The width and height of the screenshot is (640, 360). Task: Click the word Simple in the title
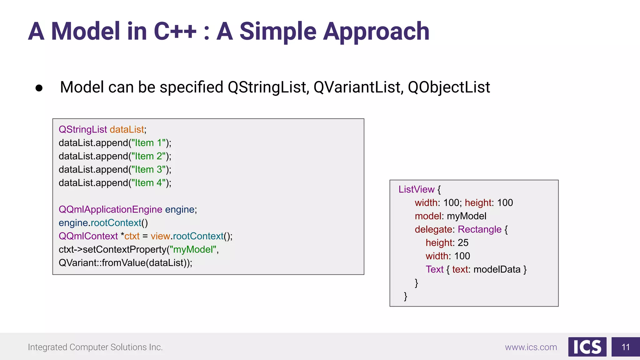[278, 32]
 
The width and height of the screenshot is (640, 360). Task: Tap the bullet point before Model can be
[39, 88]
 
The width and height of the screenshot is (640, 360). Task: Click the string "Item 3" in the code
[148, 170]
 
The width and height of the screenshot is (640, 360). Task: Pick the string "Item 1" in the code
[148, 143]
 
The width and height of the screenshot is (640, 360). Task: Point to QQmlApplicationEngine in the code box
[110, 209]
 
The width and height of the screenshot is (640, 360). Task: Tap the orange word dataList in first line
[127, 129]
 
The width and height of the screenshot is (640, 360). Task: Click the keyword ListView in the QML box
[416, 189]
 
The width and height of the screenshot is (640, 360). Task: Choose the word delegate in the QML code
[433, 229]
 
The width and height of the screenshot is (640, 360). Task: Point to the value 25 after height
[463, 243]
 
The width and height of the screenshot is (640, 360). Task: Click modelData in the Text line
[497, 269]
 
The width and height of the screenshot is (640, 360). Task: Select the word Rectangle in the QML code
[479, 229]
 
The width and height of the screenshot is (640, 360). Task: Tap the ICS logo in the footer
[587, 347]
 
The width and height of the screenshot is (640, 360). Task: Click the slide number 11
[625, 347]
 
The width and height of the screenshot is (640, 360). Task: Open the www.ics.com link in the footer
[531, 347]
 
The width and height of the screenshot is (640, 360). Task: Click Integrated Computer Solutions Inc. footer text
[95, 347]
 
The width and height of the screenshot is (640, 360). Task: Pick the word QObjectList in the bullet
[449, 87]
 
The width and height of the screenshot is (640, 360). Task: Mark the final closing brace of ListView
[405, 296]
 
